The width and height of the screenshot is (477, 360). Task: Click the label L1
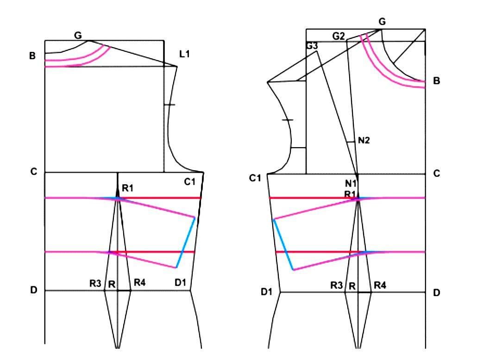(185, 54)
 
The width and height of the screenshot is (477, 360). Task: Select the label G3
(312, 46)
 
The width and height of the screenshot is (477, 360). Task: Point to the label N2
(364, 141)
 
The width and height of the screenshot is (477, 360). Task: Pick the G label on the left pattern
(78, 35)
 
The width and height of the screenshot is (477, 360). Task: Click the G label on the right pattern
(382, 22)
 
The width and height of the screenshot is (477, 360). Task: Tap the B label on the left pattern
(32, 56)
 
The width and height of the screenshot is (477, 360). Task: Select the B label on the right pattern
(436, 81)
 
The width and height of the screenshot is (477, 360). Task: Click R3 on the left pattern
(95, 283)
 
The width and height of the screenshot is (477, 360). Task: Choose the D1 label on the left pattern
(180, 283)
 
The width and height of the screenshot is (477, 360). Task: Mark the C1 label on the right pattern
(255, 178)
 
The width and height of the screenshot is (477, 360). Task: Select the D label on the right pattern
(436, 293)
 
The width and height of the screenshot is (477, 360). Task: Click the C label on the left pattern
(33, 172)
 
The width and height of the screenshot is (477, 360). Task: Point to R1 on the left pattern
(127, 187)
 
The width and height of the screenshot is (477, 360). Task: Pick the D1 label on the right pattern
(267, 292)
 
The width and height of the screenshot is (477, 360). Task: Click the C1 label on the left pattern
(190, 182)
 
